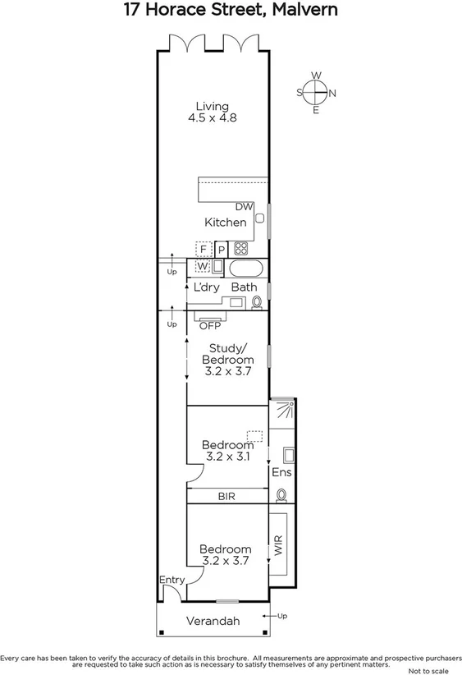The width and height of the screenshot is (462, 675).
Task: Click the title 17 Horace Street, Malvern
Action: click(231, 11)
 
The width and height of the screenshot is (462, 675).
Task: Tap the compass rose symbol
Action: click(316, 93)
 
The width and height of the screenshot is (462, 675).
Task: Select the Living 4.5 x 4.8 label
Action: click(212, 112)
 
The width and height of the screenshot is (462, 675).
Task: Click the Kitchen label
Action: click(225, 223)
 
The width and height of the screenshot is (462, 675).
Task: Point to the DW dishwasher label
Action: click(244, 207)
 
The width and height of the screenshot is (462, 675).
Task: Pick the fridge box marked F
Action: click(204, 249)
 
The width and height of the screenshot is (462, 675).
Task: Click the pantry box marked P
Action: click(221, 249)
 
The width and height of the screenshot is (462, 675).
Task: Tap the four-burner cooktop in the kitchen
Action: click(241, 248)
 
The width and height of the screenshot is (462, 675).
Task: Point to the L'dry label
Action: click(206, 287)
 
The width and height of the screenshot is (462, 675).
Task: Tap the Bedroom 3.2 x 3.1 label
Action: click(226, 451)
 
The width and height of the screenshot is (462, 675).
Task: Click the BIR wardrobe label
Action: click(227, 497)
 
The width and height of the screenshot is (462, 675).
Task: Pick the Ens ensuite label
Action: click(281, 473)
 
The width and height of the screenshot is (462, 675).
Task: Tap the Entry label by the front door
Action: click(172, 580)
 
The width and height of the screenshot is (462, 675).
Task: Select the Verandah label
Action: click(213, 622)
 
